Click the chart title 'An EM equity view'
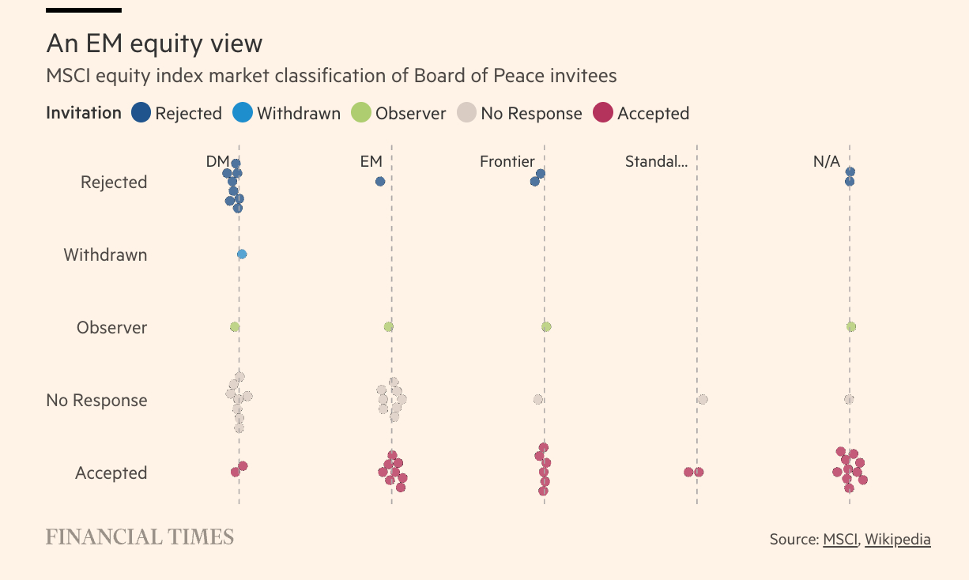154,43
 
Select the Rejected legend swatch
141,113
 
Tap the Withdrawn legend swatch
243,113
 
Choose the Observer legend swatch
361,113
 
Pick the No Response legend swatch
466,113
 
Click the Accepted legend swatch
603,113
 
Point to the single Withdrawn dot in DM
242,254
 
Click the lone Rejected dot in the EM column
380,181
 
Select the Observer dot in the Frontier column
546,326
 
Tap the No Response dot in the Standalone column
703,399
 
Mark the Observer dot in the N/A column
851,326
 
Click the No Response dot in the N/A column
849,399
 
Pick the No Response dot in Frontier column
538,399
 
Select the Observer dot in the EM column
388,326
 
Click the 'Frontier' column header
507,161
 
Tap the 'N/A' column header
826,161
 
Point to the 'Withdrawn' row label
105,254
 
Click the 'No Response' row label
96,400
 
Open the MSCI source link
839,539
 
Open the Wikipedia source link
897,539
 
